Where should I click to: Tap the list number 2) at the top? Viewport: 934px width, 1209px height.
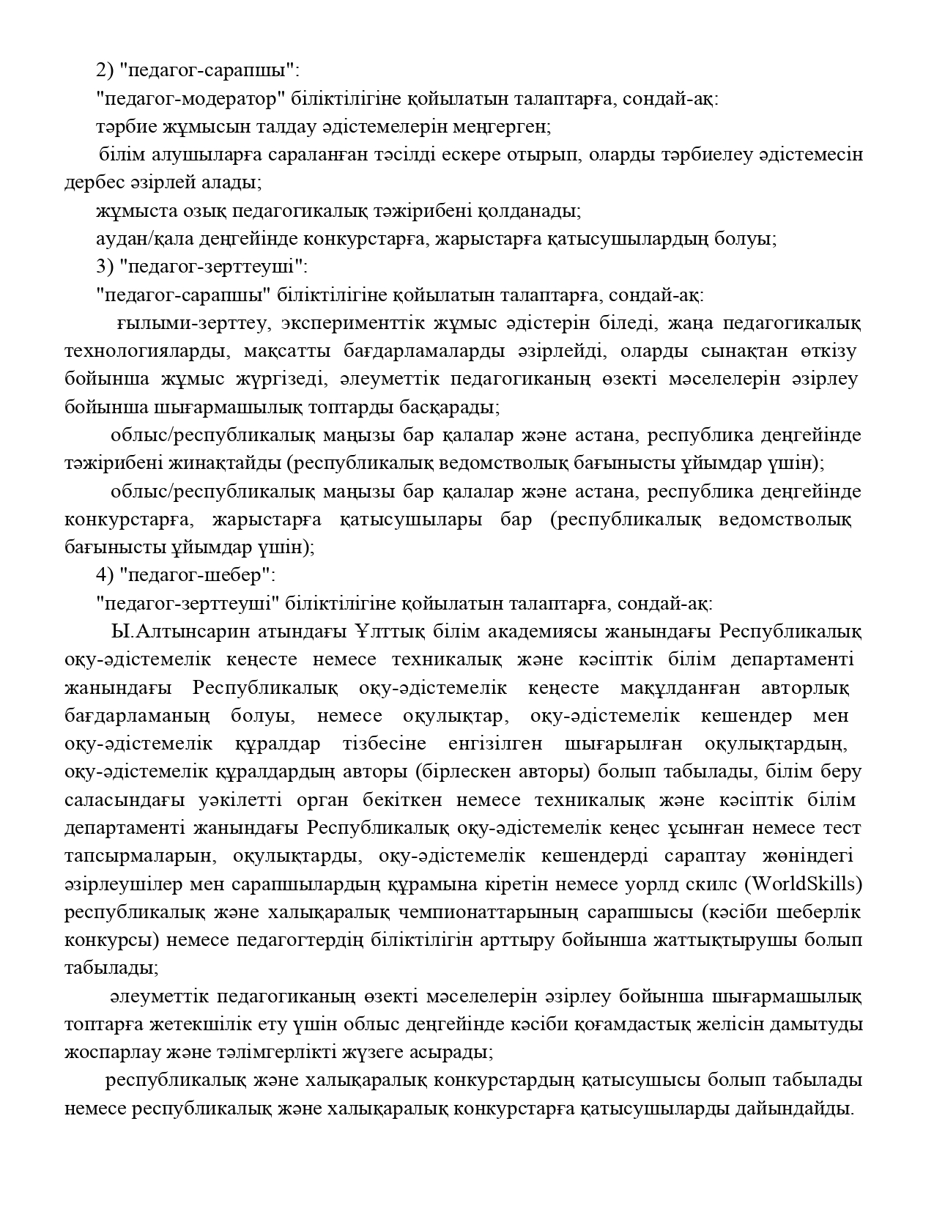[x=105, y=70]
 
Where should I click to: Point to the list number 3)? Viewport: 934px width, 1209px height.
[x=105, y=267]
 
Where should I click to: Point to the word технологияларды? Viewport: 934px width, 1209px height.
[x=144, y=351]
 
